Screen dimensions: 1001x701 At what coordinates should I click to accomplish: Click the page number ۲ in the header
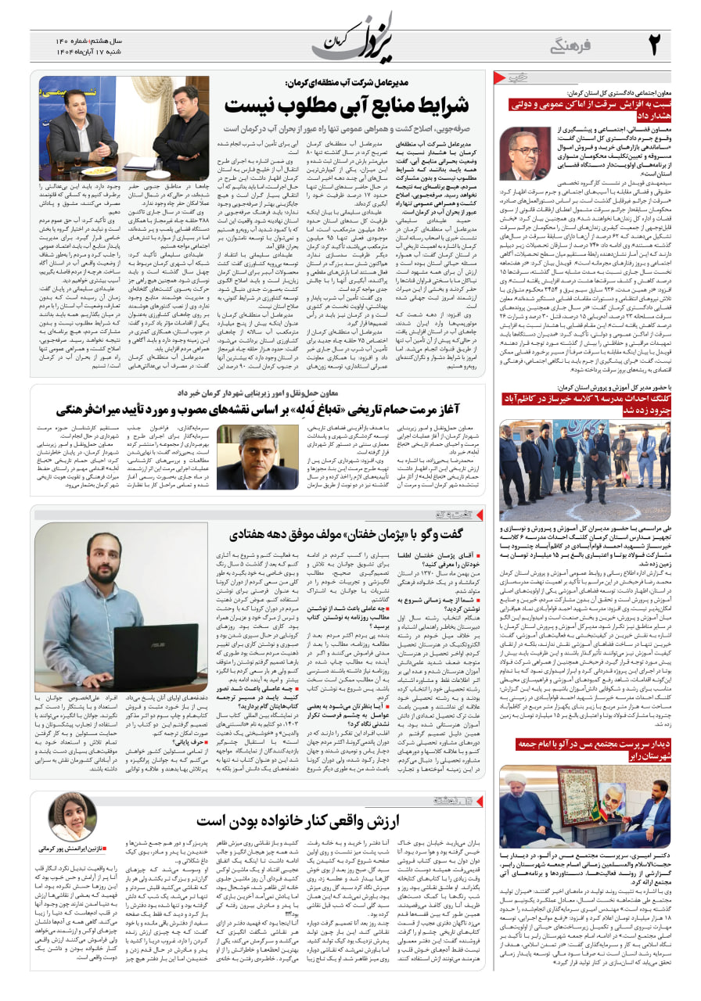654,44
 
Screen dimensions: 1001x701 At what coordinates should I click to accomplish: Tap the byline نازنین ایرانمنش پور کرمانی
72,849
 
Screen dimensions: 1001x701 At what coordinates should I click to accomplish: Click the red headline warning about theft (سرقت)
589,109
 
